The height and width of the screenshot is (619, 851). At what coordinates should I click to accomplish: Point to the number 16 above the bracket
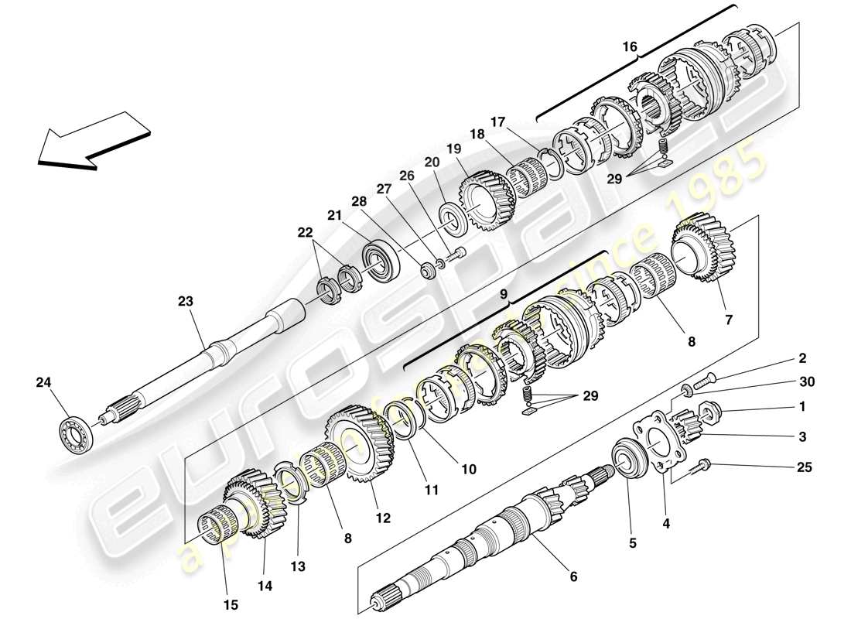point(631,47)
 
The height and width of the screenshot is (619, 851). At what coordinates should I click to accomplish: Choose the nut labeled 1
point(709,409)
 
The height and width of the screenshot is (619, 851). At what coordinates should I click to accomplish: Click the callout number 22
point(307,232)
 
